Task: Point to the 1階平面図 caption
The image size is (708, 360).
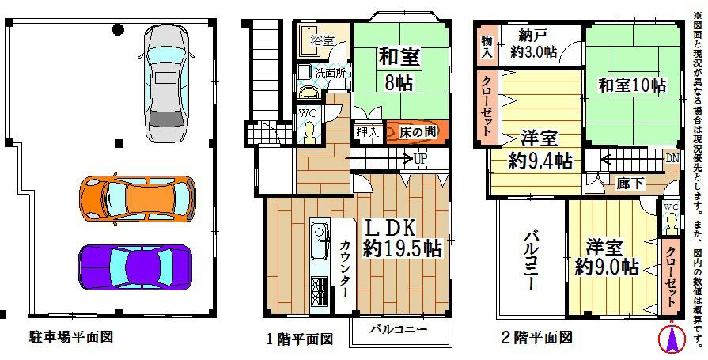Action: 299,339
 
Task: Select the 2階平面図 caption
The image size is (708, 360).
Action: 536,338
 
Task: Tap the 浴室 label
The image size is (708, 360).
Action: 320,40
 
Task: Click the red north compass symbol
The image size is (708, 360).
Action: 670,339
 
